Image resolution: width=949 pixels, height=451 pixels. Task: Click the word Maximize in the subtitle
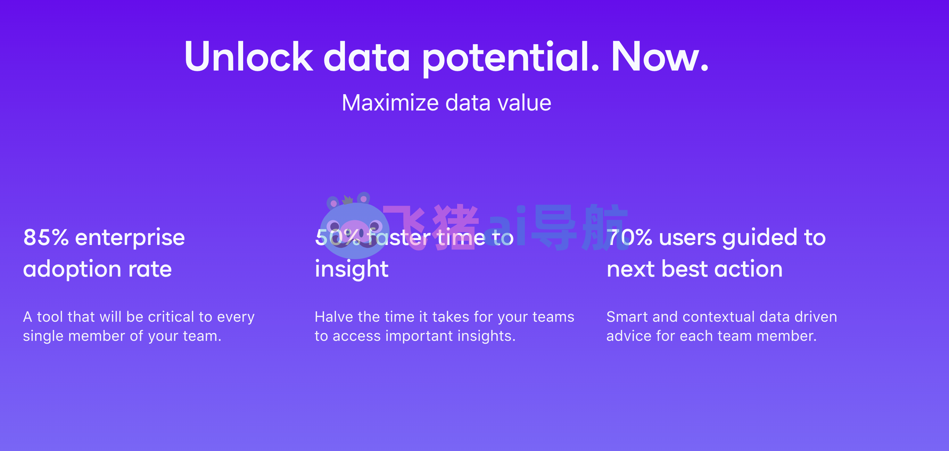click(x=390, y=103)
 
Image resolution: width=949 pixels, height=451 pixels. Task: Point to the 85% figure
click(x=46, y=237)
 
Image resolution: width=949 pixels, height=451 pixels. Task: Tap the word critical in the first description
click(x=171, y=317)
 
